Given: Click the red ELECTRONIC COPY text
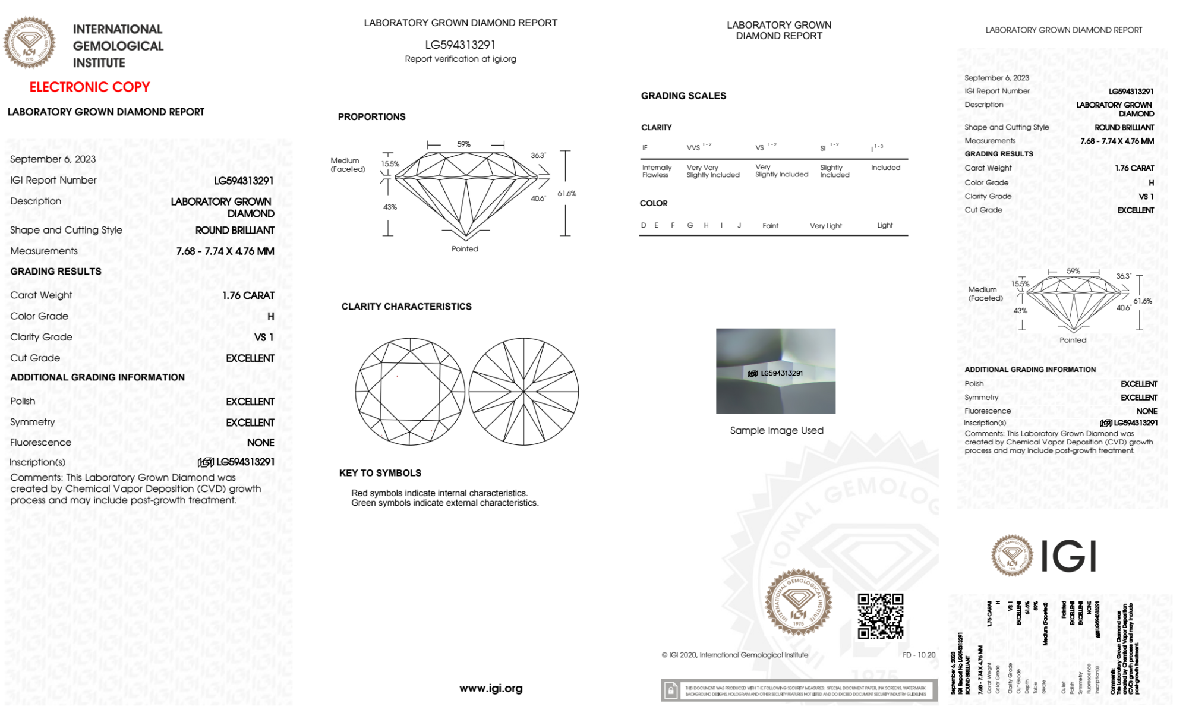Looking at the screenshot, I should click(90, 87).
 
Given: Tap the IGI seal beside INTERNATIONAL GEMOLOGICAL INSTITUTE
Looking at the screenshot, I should click(29, 43).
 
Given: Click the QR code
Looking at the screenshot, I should click(880, 616).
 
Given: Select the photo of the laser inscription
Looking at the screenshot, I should click(775, 371).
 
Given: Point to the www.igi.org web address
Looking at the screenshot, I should click(491, 688).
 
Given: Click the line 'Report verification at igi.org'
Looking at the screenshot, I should click(461, 59).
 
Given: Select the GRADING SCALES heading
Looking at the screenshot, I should click(683, 96).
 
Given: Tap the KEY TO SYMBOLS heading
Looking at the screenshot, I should click(380, 473).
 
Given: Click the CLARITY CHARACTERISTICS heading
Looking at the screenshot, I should click(406, 307).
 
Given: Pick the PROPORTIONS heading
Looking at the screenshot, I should click(372, 117).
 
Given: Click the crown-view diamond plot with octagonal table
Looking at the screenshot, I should click(410, 392).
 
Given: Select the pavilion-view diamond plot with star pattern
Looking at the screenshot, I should click(523, 392).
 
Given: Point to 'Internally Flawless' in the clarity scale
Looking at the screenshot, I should click(656, 171).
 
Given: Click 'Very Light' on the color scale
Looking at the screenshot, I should click(825, 226).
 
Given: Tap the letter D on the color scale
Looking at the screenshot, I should click(644, 225).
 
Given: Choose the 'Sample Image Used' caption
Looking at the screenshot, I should click(777, 430).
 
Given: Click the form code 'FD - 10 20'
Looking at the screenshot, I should click(919, 655).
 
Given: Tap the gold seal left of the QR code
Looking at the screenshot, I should click(798, 603).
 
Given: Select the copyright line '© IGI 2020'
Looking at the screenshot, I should click(735, 655).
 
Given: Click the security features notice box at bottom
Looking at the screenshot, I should click(799, 691).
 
